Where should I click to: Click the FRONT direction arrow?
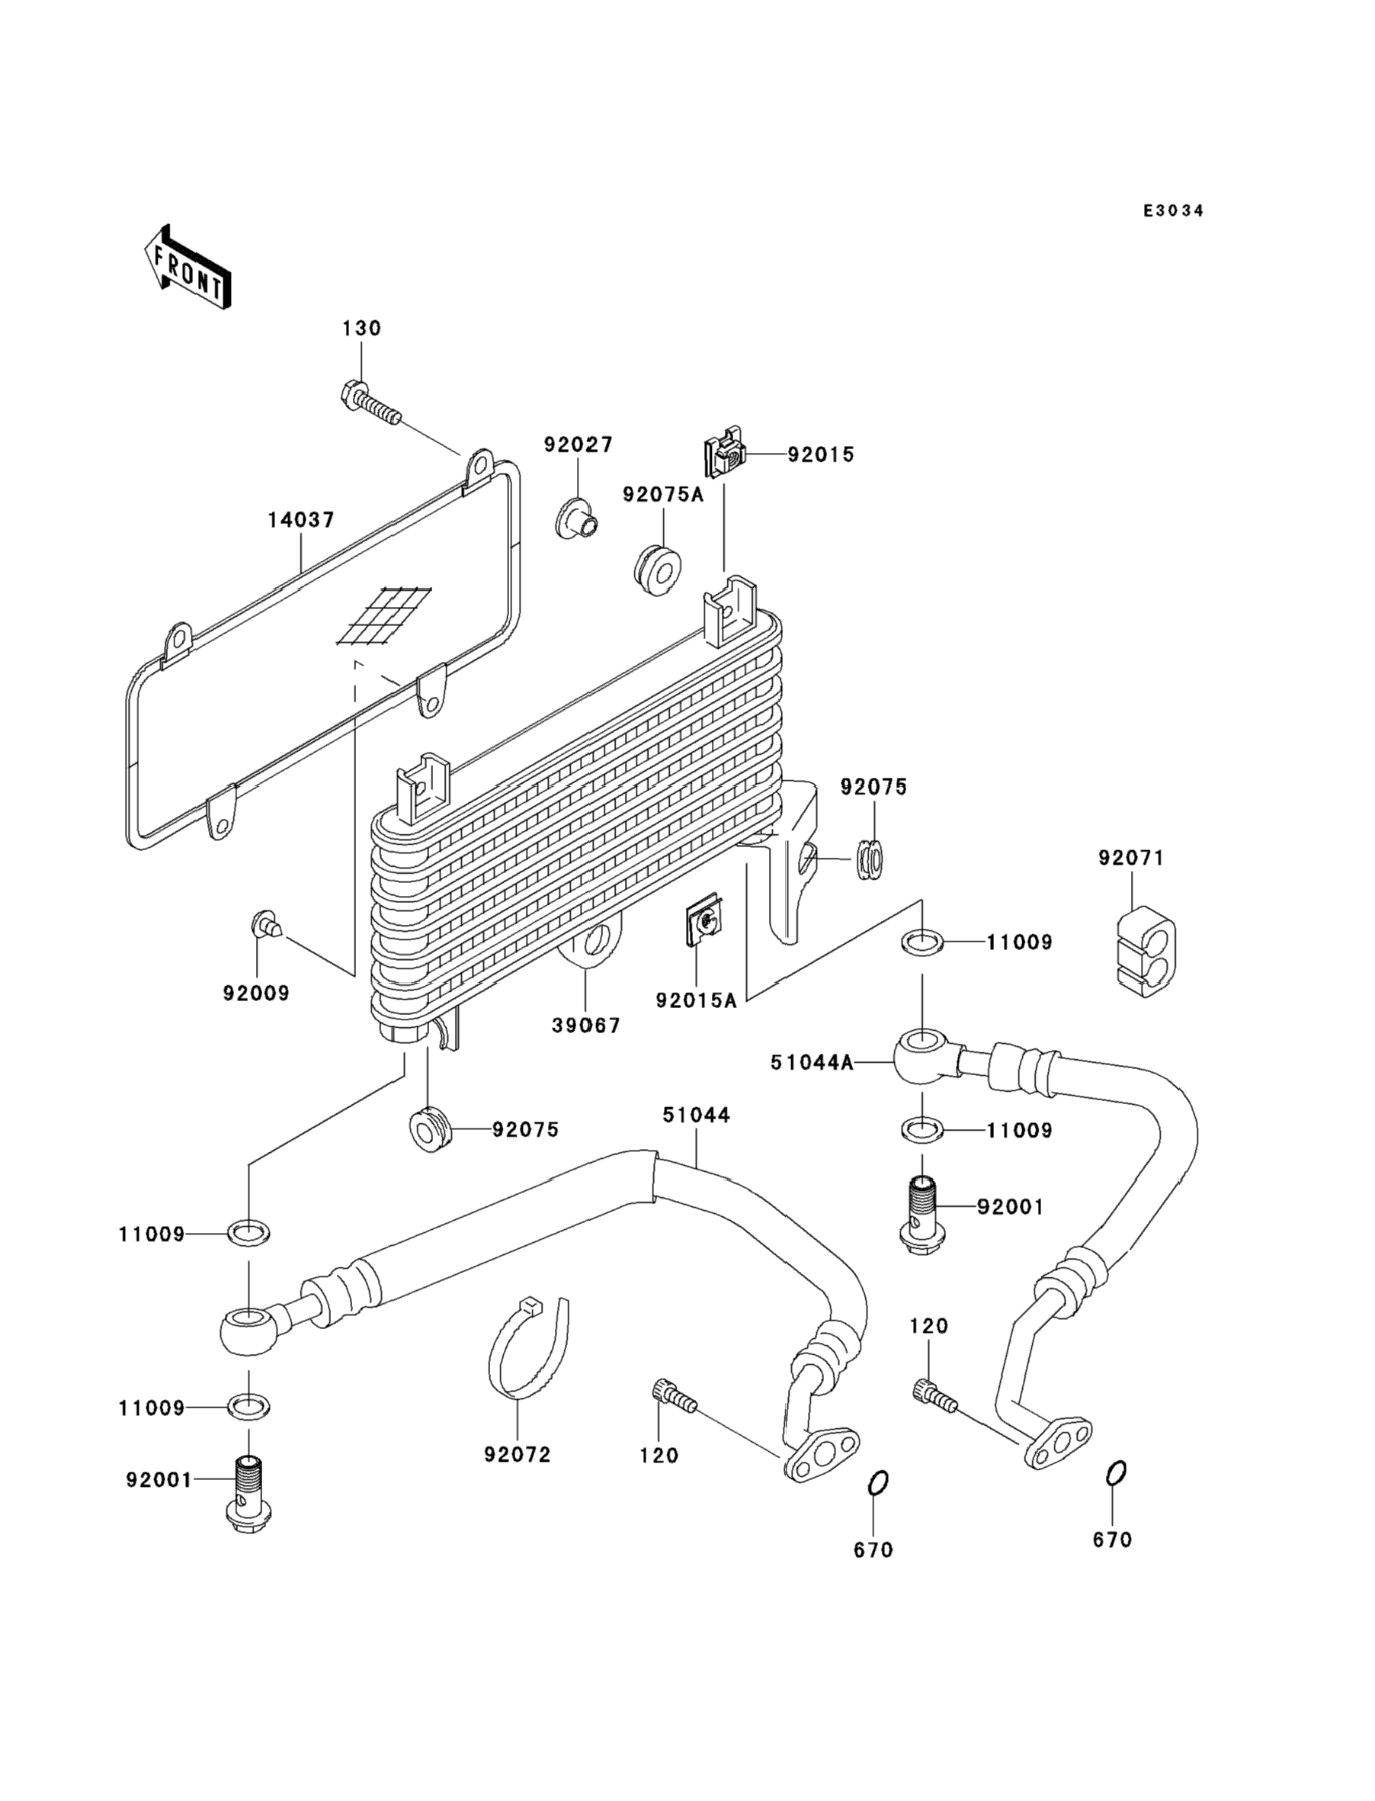coord(187,268)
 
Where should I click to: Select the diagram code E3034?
coord(1173,211)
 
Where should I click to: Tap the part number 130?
coord(361,329)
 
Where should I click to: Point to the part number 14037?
coord(301,520)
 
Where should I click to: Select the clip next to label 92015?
coord(725,454)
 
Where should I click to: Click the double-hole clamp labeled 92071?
coord(1146,946)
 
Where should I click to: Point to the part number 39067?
coord(586,1025)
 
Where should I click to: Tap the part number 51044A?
coord(811,1063)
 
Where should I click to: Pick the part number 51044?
coord(697,1115)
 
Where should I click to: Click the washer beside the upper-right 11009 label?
coord(921,942)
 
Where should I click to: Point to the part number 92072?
coord(518,1455)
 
